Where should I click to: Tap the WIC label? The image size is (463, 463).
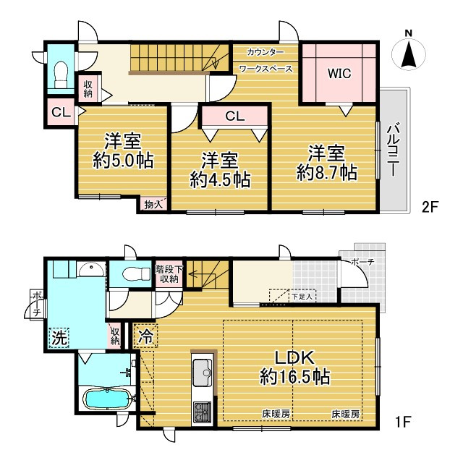click(x=339, y=73)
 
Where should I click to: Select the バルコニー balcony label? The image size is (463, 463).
click(x=393, y=151)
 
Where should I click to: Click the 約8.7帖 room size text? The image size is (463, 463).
click(x=327, y=173)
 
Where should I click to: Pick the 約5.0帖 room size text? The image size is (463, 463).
click(x=123, y=161)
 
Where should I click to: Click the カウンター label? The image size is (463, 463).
click(x=266, y=53)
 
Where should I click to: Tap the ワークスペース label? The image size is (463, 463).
click(x=266, y=69)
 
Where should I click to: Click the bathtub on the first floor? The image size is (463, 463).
click(x=107, y=399)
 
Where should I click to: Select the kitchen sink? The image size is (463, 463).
click(x=203, y=370)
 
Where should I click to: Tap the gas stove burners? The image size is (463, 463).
click(x=202, y=412)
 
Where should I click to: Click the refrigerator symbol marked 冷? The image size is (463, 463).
click(x=146, y=336)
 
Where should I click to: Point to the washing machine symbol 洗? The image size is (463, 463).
click(x=59, y=338)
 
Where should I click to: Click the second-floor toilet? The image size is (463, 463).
click(x=61, y=75)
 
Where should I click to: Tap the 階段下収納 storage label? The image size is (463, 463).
click(x=169, y=273)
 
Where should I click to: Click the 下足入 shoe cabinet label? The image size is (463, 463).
click(x=302, y=297)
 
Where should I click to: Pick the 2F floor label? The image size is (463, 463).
click(x=429, y=207)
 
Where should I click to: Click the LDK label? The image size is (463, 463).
click(x=294, y=357)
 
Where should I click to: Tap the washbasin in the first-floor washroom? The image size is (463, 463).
click(x=91, y=269)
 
